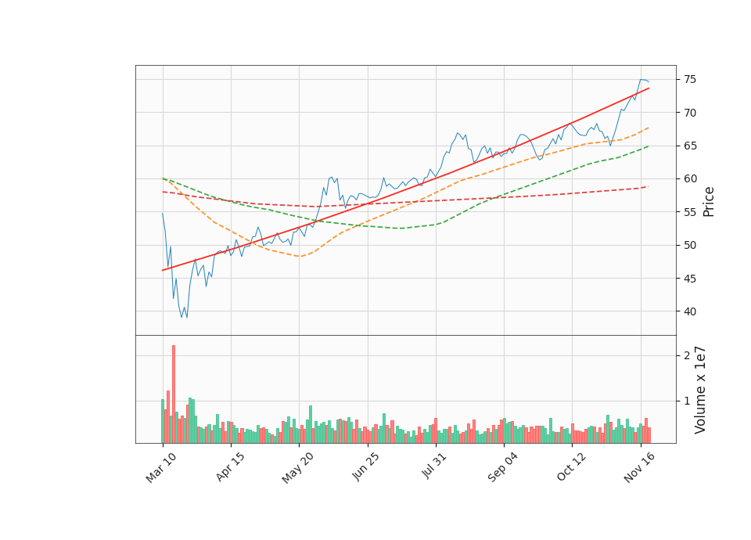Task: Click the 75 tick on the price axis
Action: (691, 79)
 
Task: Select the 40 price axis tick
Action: (691, 311)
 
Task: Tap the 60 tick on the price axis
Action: (691, 178)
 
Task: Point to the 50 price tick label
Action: (691, 245)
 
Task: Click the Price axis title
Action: (710, 201)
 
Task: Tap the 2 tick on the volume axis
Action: (688, 355)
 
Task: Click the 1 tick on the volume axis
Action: (688, 401)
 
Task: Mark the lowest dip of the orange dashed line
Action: (300, 256)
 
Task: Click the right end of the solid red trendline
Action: (649, 88)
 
